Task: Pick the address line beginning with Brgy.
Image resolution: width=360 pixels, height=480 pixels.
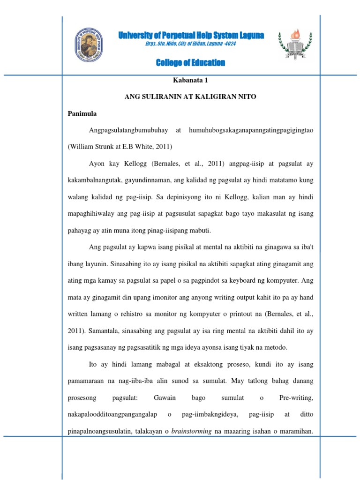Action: tap(190, 44)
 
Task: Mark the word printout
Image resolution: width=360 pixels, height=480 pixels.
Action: tap(238, 314)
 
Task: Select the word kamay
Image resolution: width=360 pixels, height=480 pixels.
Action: tap(113, 281)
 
